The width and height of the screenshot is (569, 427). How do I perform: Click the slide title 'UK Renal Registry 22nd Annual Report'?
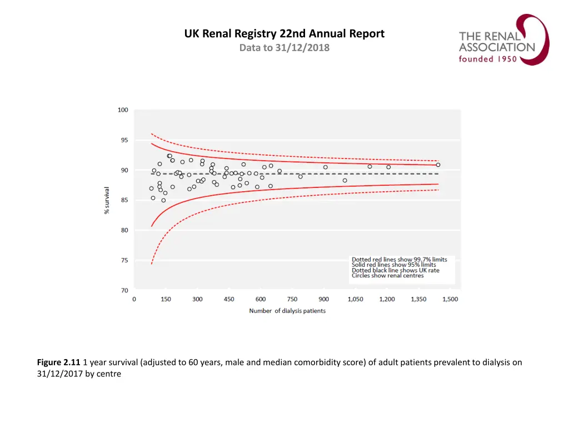click(x=284, y=33)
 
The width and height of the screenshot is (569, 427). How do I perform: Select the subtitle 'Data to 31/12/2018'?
click(x=284, y=48)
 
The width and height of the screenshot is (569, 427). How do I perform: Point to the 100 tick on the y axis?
click(x=123, y=110)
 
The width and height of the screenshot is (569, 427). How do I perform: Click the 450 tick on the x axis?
click(x=229, y=299)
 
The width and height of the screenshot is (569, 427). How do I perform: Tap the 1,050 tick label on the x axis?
click(x=356, y=299)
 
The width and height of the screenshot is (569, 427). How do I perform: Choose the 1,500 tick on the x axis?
click(x=450, y=299)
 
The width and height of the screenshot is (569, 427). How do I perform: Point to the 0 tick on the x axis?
click(x=134, y=299)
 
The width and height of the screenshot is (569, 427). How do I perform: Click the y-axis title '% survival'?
click(x=107, y=200)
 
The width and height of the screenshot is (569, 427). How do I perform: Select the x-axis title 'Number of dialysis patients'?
click(x=287, y=311)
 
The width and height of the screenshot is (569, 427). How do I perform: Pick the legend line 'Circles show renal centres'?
click(x=387, y=276)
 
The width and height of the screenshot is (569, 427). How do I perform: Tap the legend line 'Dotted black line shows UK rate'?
click(x=395, y=270)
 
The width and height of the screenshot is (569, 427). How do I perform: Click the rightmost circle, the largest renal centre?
click(x=438, y=165)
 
